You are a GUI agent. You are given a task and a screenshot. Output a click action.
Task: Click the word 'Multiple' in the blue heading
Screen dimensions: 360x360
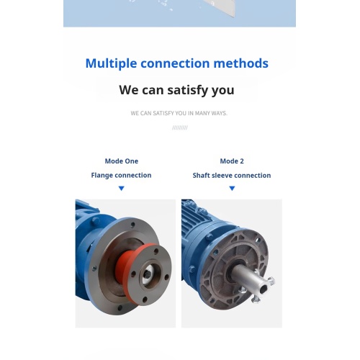(111, 63)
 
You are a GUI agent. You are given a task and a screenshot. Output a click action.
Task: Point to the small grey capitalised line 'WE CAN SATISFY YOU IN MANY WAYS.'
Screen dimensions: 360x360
(179, 113)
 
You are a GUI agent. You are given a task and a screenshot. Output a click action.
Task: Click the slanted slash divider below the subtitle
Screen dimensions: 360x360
(179, 127)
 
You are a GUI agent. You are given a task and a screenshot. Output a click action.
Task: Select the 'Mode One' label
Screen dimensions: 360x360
(121, 161)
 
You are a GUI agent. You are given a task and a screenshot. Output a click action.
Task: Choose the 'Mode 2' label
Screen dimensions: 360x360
(232, 161)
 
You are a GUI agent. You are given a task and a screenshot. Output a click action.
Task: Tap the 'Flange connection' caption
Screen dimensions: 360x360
(121, 176)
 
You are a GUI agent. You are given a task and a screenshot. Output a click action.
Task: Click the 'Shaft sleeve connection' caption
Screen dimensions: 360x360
(232, 176)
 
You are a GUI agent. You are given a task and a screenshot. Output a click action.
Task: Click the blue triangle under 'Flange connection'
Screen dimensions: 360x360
(121, 189)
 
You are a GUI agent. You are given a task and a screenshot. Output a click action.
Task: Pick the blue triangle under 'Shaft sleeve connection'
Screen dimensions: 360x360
(232, 189)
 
